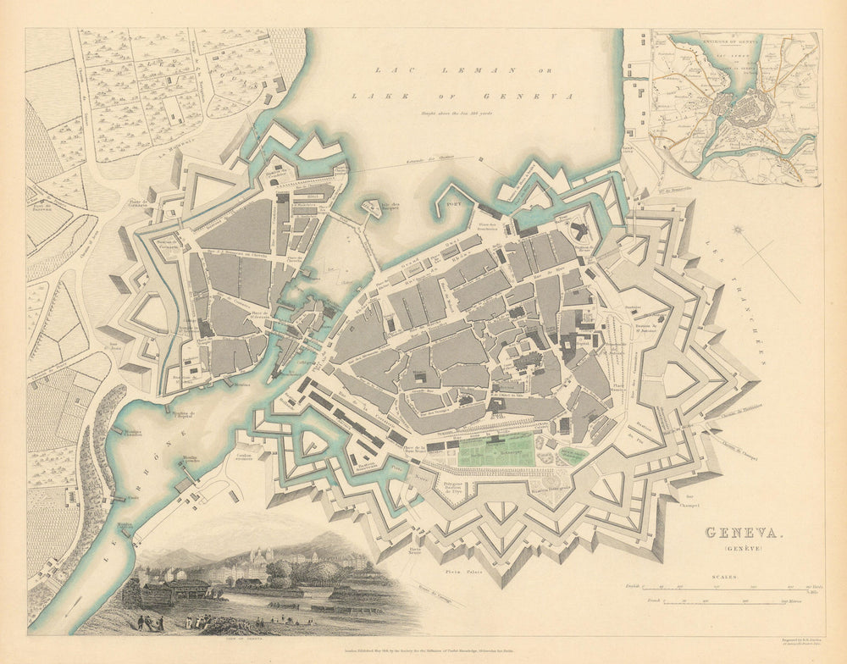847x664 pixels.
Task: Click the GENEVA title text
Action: (x=744, y=533)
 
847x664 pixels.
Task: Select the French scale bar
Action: (x=727, y=603)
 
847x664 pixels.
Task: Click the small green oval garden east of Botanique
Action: (x=573, y=455)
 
